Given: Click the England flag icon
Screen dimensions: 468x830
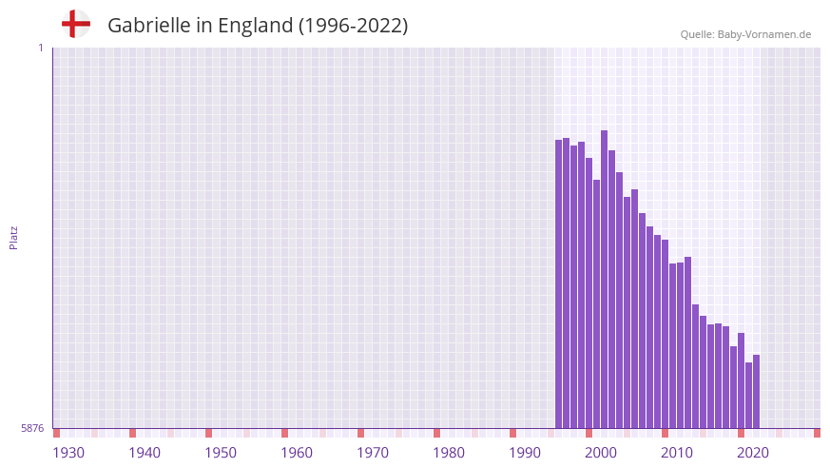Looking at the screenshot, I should [76, 25].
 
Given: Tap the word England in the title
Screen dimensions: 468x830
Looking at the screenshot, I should [255, 26].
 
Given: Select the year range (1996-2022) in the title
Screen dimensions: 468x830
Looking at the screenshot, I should [353, 26].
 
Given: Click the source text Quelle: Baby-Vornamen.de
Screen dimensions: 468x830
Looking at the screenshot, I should [745, 34].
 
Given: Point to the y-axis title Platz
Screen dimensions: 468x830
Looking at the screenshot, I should [13, 238].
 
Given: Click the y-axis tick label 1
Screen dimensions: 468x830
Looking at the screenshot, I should [40, 48].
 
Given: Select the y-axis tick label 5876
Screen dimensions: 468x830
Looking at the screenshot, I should [32, 429].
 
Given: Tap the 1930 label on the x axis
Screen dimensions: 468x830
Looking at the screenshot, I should [68, 453].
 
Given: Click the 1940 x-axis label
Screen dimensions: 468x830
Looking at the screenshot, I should [145, 453].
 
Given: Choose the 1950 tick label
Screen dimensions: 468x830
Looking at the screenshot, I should [221, 453].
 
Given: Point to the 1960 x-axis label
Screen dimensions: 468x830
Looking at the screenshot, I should [297, 453].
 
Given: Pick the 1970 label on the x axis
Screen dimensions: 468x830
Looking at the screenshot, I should [373, 453].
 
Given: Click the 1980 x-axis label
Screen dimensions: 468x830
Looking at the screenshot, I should [449, 453].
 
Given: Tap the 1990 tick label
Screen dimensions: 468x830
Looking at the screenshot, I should [525, 453].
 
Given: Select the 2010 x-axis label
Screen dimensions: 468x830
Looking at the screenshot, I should [677, 453].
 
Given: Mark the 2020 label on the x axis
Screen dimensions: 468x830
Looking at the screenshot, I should [753, 453].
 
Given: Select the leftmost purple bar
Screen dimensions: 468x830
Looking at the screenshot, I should [559, 284].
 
